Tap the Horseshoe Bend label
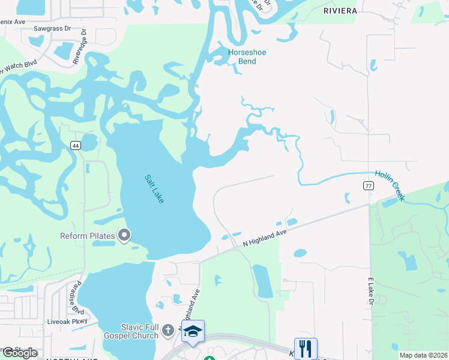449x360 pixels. tap(247, 57)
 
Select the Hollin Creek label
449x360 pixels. tap(391, 185)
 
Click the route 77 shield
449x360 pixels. tap(368, 186)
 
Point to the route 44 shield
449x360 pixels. tap(75, 145)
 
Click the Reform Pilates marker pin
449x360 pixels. tap(124, 235)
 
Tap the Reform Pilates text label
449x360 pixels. tap(87, 236)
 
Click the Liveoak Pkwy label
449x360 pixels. tap(71, 321)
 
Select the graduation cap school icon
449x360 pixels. tap(193, 332)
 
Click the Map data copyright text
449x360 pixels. tap(423, 355)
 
